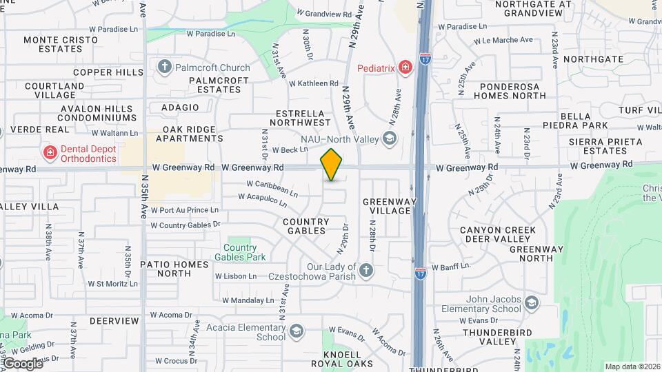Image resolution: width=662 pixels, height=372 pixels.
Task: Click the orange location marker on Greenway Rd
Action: click(331, 165)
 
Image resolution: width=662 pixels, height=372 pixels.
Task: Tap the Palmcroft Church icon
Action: click(164, 67)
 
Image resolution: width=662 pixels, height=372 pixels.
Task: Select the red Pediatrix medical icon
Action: click(406, 68)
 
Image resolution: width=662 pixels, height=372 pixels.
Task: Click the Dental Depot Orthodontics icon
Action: click(49, 152)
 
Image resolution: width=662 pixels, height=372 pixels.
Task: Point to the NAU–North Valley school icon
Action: click(390, 139)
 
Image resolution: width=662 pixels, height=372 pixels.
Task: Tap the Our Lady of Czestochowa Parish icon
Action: click(365, 269)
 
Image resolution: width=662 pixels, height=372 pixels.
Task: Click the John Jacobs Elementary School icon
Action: click(531, 302)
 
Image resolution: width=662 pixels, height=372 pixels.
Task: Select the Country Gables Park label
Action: click(240, 252)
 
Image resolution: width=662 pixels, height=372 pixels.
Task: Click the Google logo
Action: click(22, 363)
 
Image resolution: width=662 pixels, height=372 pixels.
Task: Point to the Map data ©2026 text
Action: click(632, 366)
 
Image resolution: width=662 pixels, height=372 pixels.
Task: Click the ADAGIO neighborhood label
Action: click(180, 107)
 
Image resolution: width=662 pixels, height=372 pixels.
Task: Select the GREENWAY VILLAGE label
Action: click(390, 206)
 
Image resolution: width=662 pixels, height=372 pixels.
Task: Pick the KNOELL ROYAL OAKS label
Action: click(342, 358)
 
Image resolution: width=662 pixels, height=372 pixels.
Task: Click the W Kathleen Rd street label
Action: click(314, 84)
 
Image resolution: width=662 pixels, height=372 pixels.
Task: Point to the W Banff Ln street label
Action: click(451, 267)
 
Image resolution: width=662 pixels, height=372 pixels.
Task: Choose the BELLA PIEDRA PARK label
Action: click(584, 121)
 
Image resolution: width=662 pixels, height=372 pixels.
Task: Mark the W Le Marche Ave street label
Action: click(503, 41)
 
